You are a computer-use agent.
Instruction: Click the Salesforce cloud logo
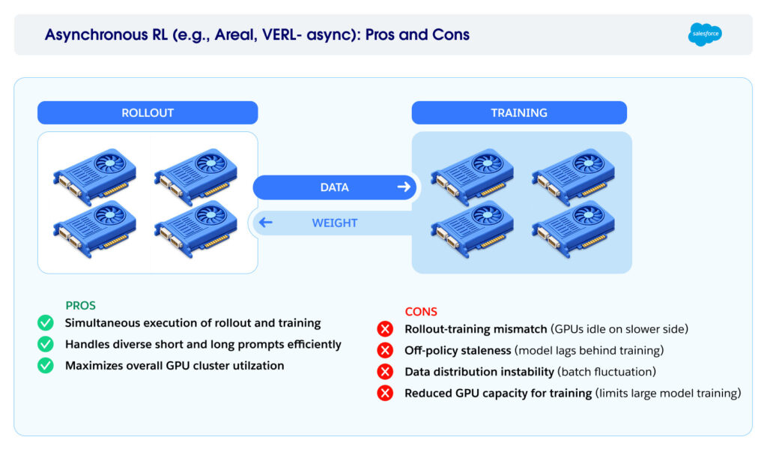tap(705, 34)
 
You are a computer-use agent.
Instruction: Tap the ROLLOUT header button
tap(148, 113)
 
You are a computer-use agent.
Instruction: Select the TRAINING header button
tap(519, 113)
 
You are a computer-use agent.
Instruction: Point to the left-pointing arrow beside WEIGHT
tap(265, 223)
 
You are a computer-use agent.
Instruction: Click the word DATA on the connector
tap(334, 187)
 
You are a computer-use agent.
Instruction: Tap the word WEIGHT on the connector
tap(334, 223)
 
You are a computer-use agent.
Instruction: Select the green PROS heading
tap(81, 306)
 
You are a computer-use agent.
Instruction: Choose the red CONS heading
tap(421, 312)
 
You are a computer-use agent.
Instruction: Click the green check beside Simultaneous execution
tap(46, 323)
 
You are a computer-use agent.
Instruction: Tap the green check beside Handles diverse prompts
tap(46, 344)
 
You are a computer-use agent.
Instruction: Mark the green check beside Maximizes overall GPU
tap(46, 366)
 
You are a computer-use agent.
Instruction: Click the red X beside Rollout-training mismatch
tap(385, 328)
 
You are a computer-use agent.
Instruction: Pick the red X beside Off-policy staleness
tap(385, 350)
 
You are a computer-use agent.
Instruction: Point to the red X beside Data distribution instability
tap(385, 372)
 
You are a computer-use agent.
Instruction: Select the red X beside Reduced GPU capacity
tap(385, 393)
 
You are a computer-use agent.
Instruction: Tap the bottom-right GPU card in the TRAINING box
tap(573, 229)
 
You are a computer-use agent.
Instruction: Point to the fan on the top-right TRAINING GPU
tap(588, 163)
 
